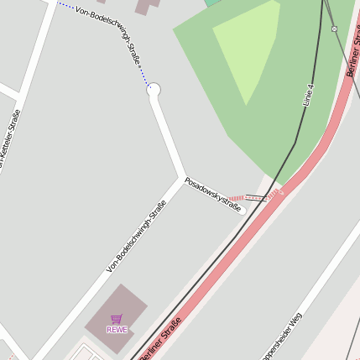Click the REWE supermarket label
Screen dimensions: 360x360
click(116, 329)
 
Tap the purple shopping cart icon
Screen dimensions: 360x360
click(116, 319)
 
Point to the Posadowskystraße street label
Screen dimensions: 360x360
click(213, 194)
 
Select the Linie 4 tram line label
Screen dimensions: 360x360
click(309, 94)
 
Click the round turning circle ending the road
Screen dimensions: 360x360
click(154, 89)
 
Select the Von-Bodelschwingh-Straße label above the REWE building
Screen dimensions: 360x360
click(136, 236)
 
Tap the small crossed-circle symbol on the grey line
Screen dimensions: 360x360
click(334, 29)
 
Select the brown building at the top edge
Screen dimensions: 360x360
click(148, 5)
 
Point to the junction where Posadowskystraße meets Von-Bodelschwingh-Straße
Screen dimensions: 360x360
click(184, 177)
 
